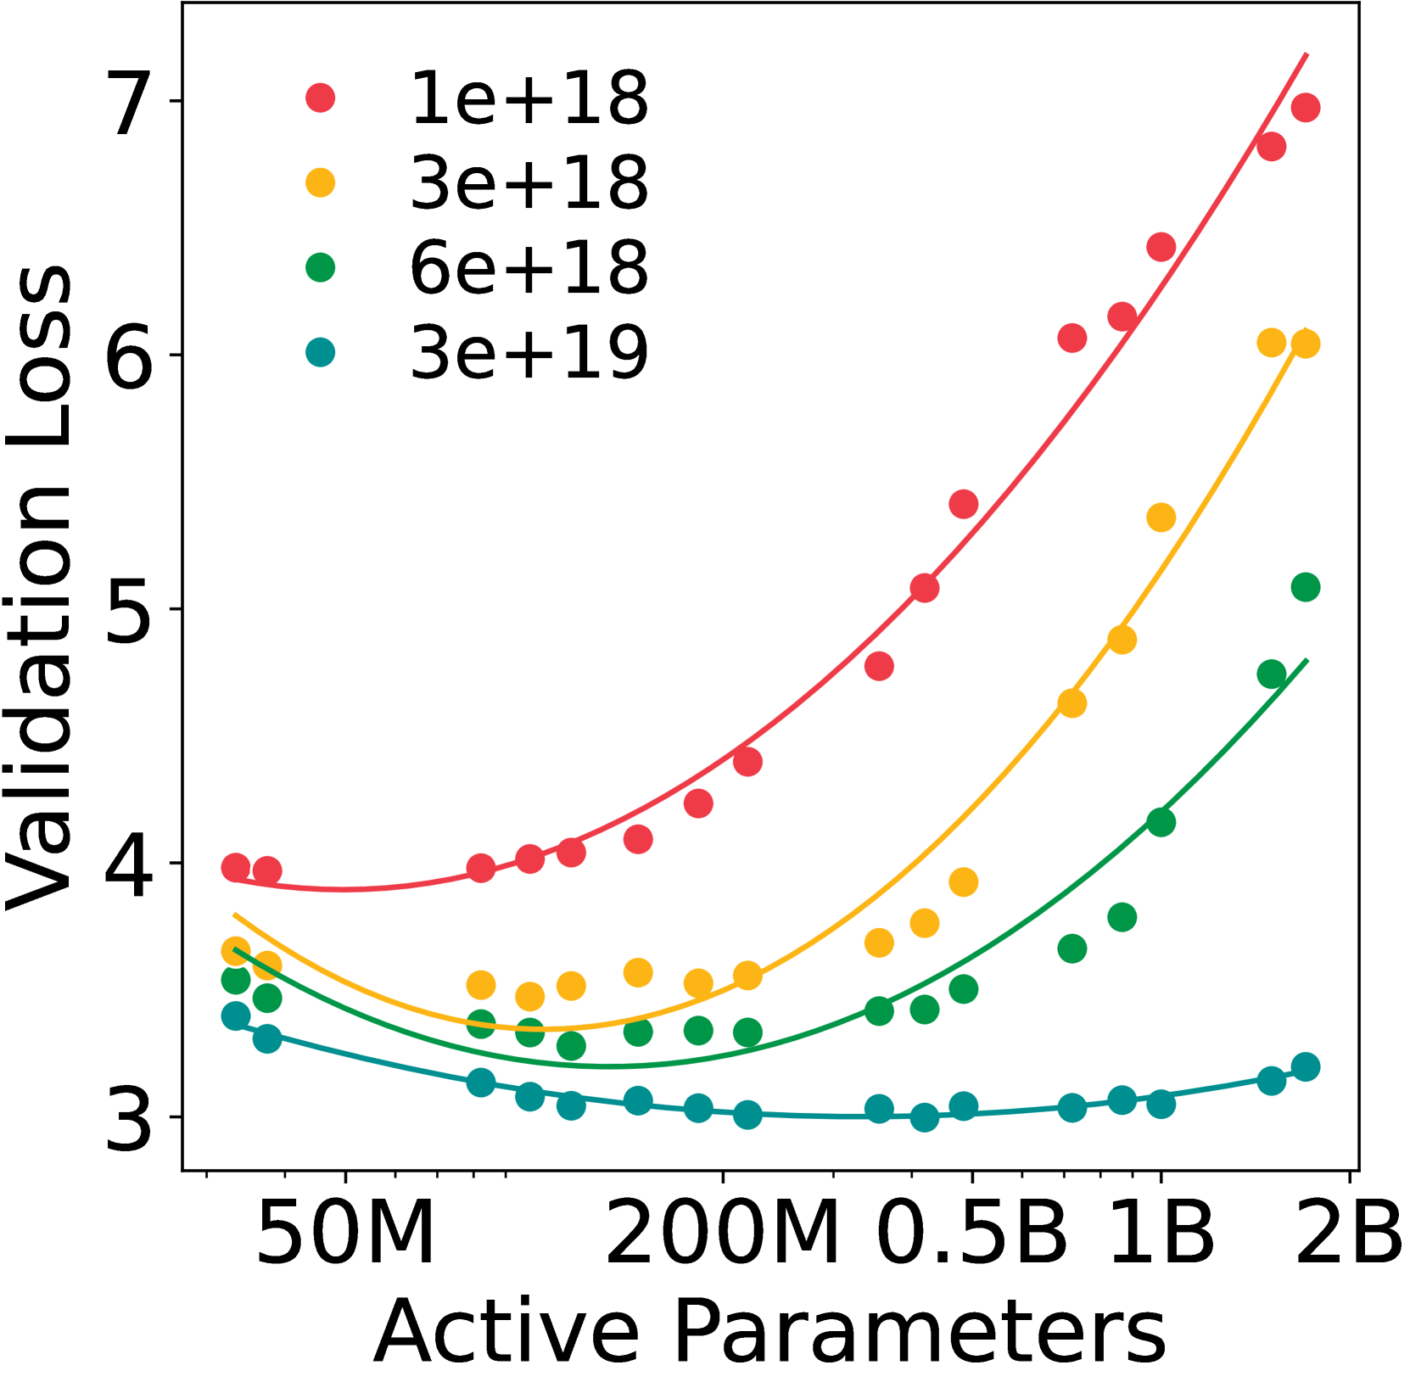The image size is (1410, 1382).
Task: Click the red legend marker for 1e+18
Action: point(320,98)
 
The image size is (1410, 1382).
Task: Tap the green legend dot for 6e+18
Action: point(320,268)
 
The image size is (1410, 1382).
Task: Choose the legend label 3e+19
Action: point(529,353)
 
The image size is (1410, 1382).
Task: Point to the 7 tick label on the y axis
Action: point(130,103)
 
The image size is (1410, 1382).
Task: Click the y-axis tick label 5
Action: point(130,610)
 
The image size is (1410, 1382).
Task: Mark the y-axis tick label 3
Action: point(130,1119)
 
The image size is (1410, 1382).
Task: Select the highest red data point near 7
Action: point(1305,108)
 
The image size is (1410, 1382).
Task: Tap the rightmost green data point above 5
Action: point(1305,587)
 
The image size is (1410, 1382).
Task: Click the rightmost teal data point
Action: point(1305,1066)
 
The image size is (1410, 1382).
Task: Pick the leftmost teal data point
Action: point(236,1016)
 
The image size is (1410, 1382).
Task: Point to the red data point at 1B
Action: point(1161,247)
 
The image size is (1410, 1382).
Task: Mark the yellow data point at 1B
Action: point(1161,518)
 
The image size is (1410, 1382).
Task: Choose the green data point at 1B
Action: point(1161,822)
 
